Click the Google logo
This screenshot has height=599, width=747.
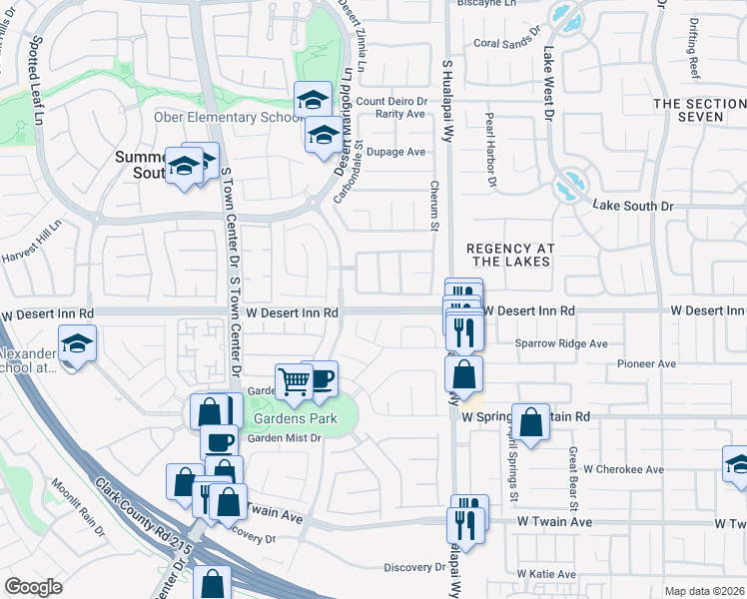click(x=33, y=587)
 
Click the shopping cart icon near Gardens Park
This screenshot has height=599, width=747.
click(x=294, y=381)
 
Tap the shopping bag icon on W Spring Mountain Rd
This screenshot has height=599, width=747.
click(x=532, y=420)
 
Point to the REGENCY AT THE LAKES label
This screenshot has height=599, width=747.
click(x=509, y=254)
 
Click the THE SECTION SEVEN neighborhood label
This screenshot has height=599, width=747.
click(x=700, y=110)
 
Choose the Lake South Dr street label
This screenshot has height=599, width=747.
click(x=633, y=206)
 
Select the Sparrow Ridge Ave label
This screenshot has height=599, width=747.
click(x=561, y=343)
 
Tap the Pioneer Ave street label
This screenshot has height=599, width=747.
click(x=648, y=365)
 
